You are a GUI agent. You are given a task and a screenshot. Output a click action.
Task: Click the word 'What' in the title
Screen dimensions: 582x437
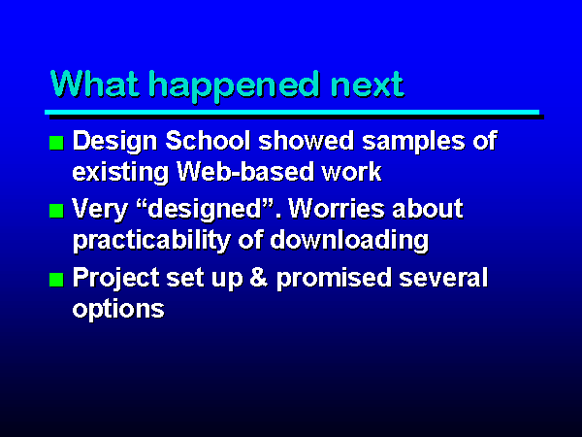click(x=95, y=84)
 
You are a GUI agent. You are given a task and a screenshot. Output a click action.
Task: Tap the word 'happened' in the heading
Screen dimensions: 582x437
click(x=234, y=86)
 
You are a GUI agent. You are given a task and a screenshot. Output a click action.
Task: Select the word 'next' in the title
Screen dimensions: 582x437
click(x=367, y=85)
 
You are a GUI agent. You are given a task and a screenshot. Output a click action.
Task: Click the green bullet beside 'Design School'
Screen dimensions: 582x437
click(x=56, y=143)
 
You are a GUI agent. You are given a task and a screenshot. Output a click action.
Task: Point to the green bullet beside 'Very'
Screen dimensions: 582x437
click(x=56, y=211)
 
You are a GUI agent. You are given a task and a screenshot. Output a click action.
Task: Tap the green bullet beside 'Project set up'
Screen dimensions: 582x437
click(x=56, y=280)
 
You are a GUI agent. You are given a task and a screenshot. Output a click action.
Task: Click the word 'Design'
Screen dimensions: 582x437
click(x=114, y=143)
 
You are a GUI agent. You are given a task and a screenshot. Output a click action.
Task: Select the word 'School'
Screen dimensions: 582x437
click(x=208, y=141)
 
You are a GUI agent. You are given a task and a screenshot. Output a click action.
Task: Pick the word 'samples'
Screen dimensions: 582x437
click(x=413, y=143)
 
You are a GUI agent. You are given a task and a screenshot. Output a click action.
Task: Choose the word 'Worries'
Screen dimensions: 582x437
click(x=337, y=208)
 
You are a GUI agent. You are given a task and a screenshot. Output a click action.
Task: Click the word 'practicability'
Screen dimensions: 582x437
click(x=151, y=242)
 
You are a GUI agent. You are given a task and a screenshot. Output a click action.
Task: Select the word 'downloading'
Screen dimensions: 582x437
click(x=349, y=242)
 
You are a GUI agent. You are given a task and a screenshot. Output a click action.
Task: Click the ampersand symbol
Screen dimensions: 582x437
click(x=259, y=277)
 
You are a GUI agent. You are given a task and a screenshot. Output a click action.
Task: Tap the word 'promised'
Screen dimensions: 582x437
click(x=334, y=279)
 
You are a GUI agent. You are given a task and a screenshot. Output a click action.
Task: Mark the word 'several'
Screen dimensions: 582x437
click(x=443, y=277)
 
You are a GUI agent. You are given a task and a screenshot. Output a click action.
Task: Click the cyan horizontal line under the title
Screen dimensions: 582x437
click(x=292, y=113)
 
